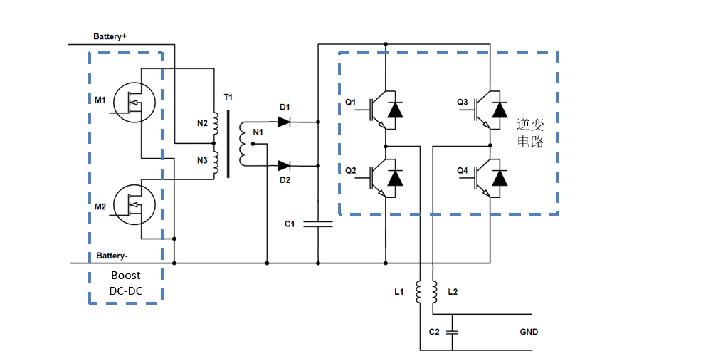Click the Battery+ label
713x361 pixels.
point(110,36)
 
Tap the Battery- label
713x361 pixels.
point(112,254)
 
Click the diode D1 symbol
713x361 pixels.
point(284,122)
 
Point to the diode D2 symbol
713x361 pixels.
point(284,165)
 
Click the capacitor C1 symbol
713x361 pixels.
point(317,224)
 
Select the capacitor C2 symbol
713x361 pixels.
point(453,332)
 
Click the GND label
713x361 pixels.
point(529,332)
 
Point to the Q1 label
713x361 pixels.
point(350,103)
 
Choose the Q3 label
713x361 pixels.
point(463,103)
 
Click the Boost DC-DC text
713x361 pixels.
point(125,283)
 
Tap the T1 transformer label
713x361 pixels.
point(228,96)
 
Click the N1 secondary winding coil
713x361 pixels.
point(243,144)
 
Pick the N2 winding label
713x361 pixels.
point(202,122)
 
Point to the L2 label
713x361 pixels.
point(453,292)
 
